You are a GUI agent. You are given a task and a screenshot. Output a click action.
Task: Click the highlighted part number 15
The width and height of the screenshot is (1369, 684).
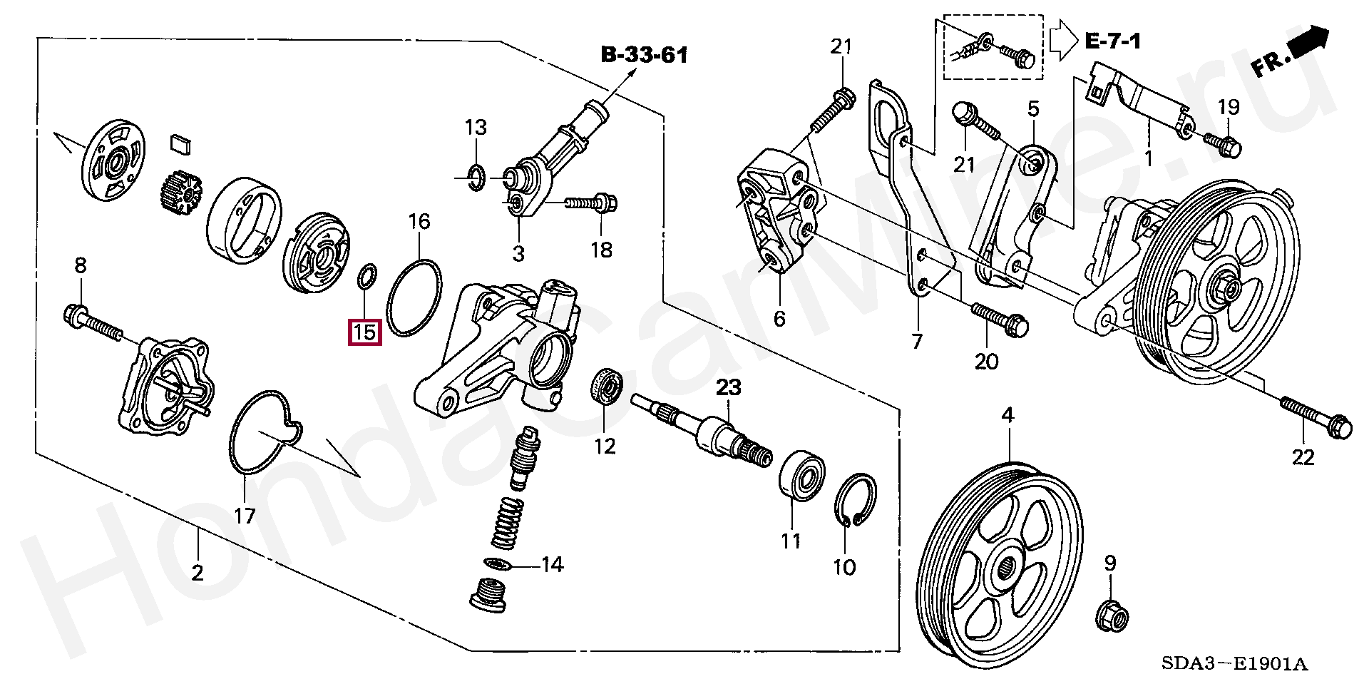click(x=364, y=332)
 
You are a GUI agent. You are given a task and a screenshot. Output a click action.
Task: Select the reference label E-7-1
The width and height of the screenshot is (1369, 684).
click(x=1112, y=41)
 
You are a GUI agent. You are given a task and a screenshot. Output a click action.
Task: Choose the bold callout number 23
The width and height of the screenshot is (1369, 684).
click(x=729, y=389)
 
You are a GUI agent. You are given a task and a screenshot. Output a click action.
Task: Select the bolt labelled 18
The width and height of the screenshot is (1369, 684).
click(x=591, y=204)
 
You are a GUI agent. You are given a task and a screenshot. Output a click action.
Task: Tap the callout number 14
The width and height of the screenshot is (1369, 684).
click(x=552, y=566)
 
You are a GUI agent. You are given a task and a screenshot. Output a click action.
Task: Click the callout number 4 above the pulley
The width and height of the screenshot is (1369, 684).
click(x=1007, y=414)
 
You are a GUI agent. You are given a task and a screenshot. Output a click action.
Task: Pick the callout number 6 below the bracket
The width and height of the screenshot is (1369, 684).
click(x=779, y=319)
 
